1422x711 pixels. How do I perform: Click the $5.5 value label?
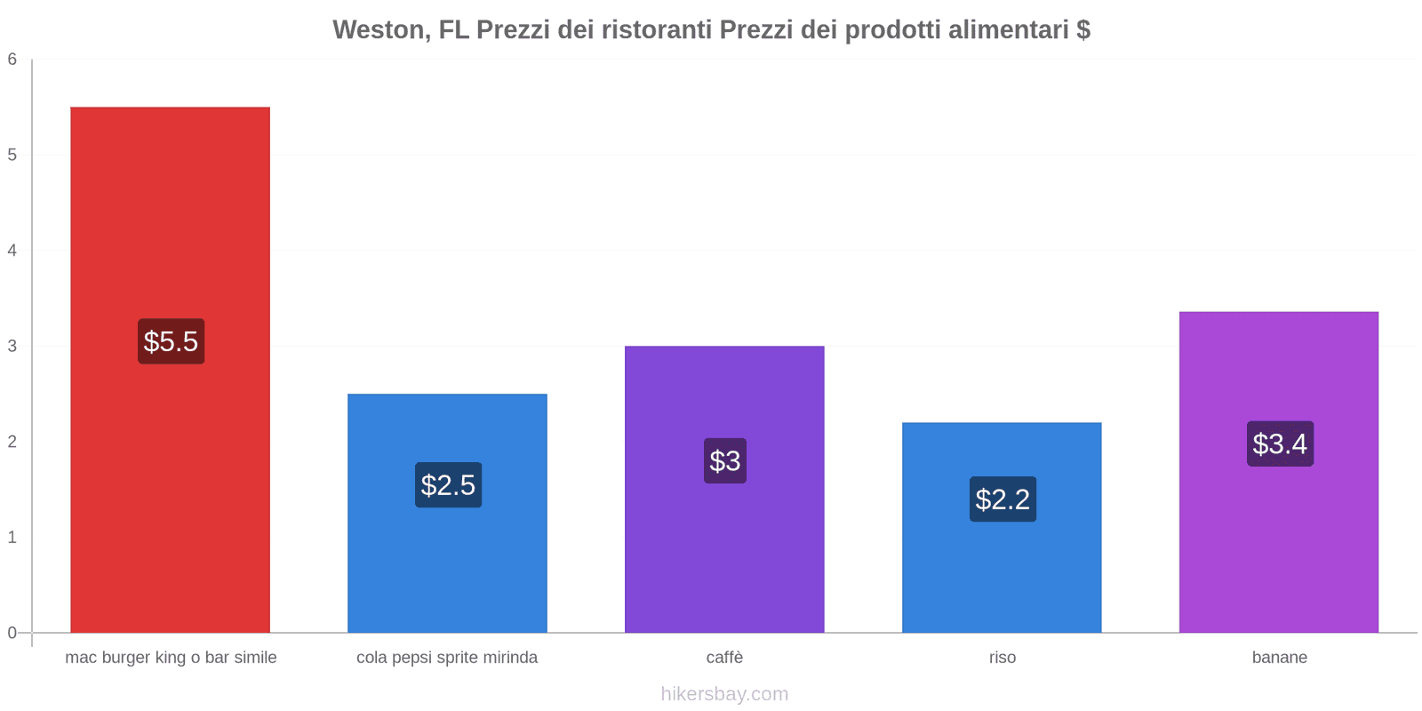(x=171, y=341)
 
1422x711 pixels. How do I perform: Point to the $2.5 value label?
(x=448, y=485)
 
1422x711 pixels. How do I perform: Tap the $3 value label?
(x=725, y=460)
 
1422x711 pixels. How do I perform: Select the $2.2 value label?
(x=1003, y=499)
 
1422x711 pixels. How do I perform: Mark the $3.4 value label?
(x=1280, y=443)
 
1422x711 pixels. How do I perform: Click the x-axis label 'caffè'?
(x=724, y=658)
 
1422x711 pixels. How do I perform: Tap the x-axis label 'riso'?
(x=1003, y=658)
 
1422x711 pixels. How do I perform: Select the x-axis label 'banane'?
(x=1280, y=658)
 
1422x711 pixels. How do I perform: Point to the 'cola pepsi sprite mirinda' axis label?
(x=447, y=658)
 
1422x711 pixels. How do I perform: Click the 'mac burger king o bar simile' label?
(x=171, y=658)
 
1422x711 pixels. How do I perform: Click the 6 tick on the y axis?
(x=12, y=60)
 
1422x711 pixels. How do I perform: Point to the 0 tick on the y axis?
(x=12, y=633)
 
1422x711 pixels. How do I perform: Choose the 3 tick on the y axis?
(x=12, y=346)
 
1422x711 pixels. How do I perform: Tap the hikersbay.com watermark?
(x=724, y=694)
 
